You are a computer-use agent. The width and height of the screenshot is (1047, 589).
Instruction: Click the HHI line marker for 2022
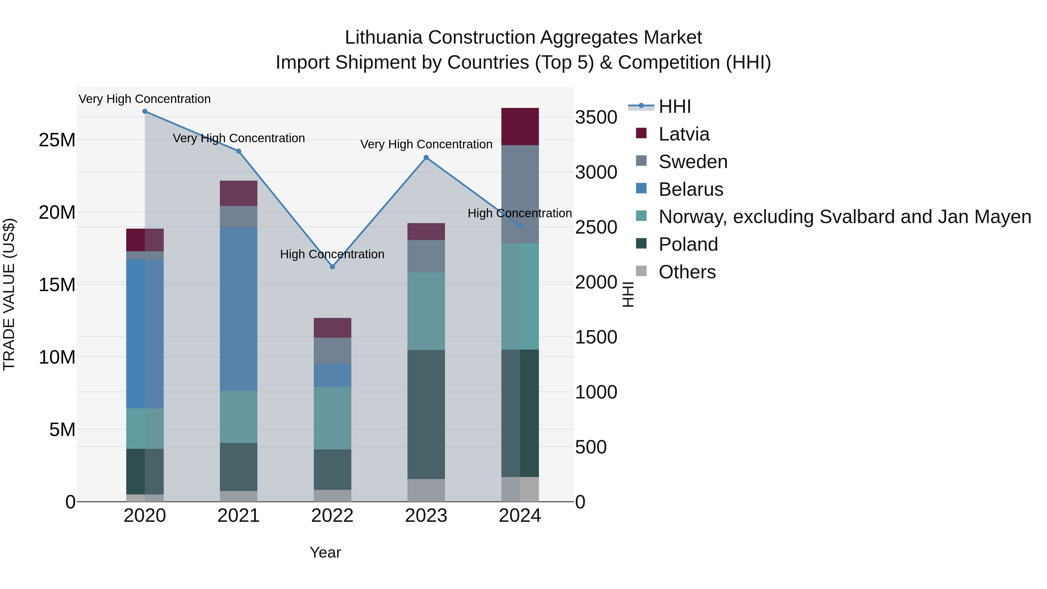point(332,267)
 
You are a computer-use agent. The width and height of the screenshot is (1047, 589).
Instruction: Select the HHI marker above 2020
point(145,111)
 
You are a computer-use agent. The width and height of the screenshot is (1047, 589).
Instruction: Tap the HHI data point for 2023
point(426,158)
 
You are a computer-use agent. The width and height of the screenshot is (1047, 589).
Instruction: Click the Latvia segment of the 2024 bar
point(520,127)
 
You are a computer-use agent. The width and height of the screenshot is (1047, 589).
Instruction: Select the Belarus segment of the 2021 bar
point(238,309)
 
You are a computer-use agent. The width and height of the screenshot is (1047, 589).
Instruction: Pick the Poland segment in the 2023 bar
point(426,414)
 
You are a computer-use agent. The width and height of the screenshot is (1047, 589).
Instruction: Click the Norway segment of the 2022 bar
point(332,418)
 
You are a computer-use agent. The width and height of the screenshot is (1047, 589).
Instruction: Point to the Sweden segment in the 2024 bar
point(520,194)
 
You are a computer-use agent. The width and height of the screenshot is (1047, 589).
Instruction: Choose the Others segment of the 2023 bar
point(426,490)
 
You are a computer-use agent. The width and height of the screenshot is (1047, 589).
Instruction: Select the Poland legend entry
point(688,245)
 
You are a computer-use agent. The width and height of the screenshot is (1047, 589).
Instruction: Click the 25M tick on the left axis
point(57,140)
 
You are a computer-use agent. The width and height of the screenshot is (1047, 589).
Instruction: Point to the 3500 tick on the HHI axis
point(596,118)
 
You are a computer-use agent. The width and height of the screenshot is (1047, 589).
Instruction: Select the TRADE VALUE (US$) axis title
point(9,294)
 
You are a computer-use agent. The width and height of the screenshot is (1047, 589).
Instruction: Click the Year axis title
point(325,552)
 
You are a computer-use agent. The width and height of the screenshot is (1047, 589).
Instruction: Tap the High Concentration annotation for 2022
point(332,255)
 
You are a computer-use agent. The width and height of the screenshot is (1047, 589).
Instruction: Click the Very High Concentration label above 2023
point(426,144)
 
